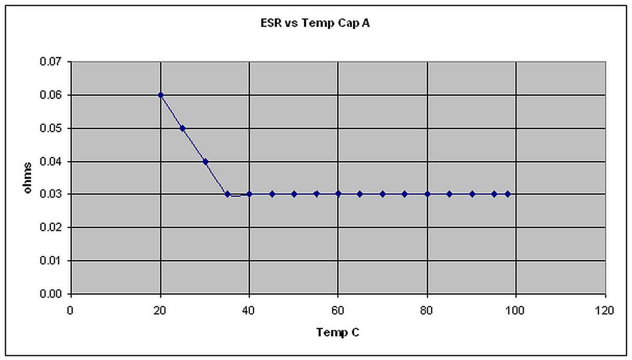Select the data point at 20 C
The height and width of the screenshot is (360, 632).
(x=161, y=95)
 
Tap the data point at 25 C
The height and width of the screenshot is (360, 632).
(x=183, y=128)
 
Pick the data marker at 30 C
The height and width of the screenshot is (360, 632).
(x=205, y=161)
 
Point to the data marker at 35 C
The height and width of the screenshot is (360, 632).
(x=227, y=194)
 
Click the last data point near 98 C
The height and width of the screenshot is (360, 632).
(x=508, y=194)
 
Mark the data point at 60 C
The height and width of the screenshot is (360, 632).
(x=338, y=194)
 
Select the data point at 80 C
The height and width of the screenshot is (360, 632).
(x=427, y=194)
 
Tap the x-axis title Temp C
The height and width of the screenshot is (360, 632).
(x=338, y=332)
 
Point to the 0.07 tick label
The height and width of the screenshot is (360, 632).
(x=51, y=62)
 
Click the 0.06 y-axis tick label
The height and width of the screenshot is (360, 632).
(x=51, y=96)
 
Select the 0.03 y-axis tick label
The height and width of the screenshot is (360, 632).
(x=51, y=195)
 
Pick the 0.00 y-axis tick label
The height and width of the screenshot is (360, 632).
(x=51, y=294)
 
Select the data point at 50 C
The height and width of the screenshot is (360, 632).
(x=294, y=194)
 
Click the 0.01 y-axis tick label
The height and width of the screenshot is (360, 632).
(x=51, y=261)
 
